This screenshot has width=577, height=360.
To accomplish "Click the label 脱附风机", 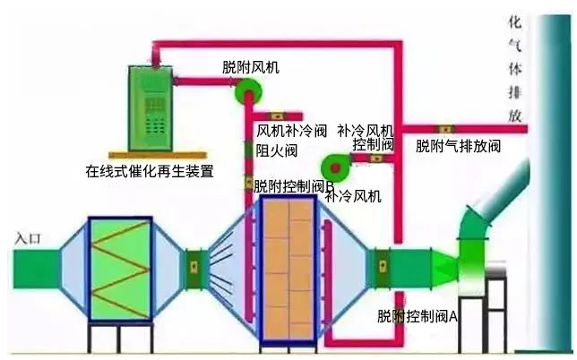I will pyautogui.click(x=250, y=68).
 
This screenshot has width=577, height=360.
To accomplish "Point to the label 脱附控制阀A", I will pyautogui.click(x=418, y=317).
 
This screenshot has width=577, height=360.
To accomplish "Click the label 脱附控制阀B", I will pyautogui.click(x=293, y=187).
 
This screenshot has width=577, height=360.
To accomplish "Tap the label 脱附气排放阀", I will pyautogui.click(x=458, y=145).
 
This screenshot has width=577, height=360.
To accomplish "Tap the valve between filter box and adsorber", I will pyautogui.click(x=193, y=265).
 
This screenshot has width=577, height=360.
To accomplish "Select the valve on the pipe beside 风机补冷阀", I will pyautogui.click(x=278, y=116).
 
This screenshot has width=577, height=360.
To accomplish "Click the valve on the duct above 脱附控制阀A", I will pyautogui.click(x=383, y=265).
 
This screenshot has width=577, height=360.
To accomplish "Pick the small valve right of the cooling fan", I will pyautogui.click(x=376, y=159).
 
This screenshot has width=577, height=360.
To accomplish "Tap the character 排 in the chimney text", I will pyautogui.click(x=514, y=92).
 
